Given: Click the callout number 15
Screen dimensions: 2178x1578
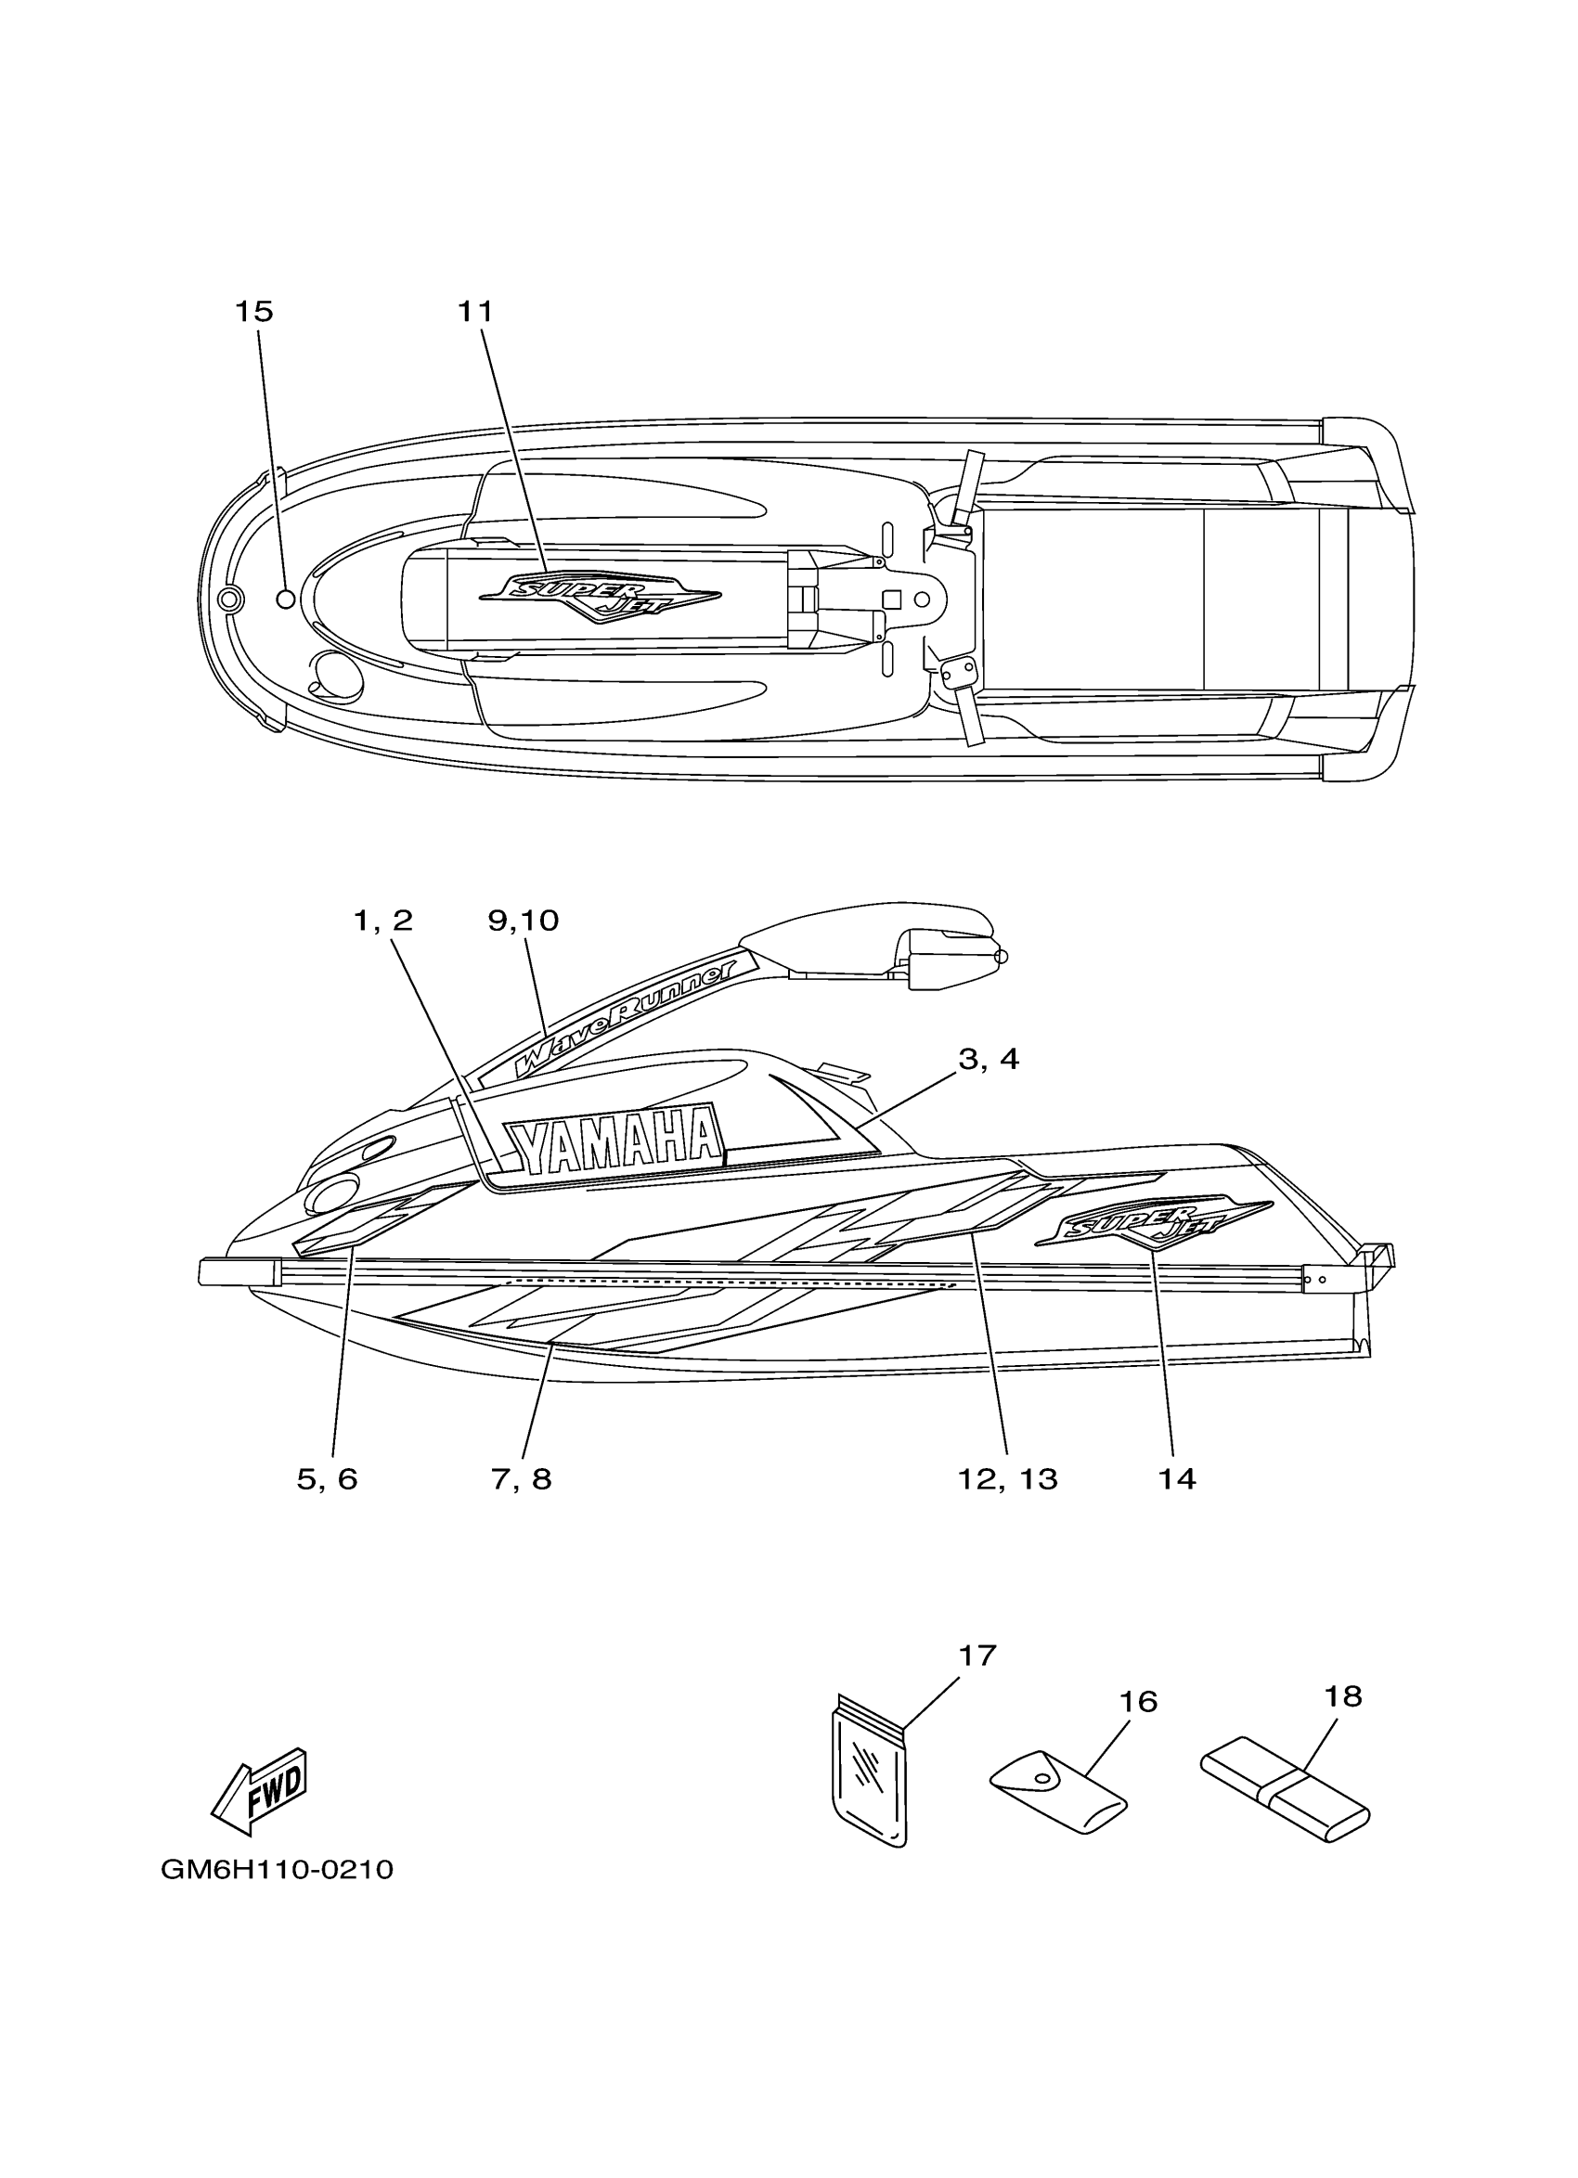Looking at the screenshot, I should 254,311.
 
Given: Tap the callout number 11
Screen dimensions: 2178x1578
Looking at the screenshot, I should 474,311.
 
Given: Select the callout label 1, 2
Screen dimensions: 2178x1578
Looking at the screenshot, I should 383,920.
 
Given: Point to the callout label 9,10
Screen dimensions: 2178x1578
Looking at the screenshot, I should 524,920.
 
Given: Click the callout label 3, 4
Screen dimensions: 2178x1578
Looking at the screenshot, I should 989,1058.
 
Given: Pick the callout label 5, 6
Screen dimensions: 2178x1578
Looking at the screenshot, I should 327,1479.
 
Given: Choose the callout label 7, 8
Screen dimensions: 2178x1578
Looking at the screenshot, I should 522,1479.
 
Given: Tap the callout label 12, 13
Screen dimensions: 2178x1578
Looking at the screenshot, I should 1007,1479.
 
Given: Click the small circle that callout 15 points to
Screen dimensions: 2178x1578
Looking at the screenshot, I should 285,599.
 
